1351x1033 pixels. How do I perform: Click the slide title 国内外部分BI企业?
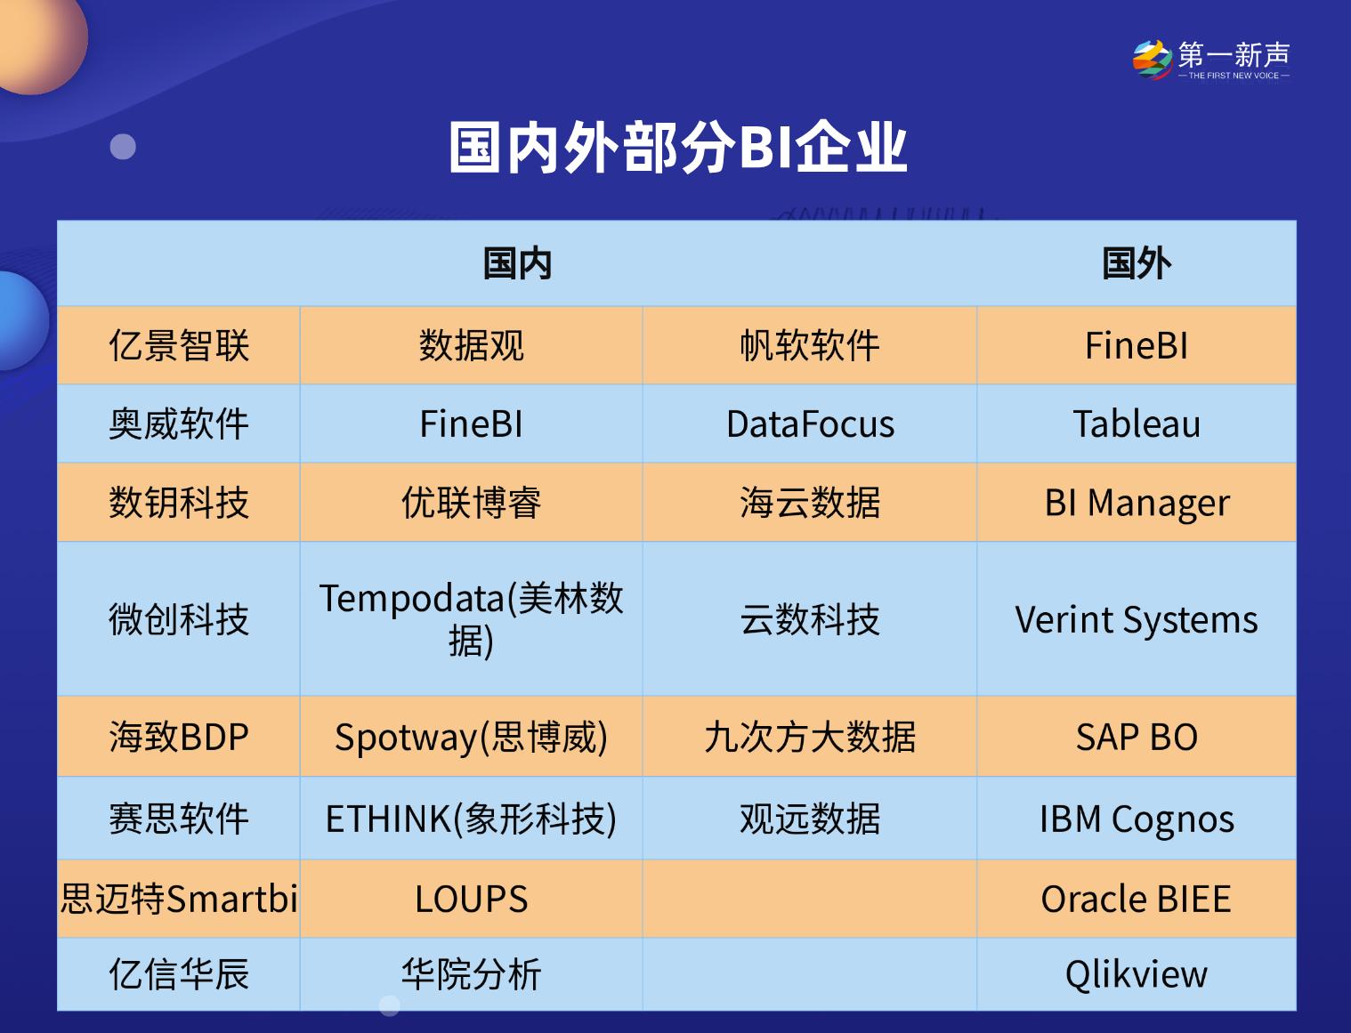click(677, 147)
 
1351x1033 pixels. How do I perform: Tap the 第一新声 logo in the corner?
click(1210, 60)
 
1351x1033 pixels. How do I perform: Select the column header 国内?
click(517, 264)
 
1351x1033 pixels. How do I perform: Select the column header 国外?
click(1136, 264)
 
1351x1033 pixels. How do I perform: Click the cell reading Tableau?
click(1136, 424)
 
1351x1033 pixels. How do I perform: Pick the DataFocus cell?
click(810, 424)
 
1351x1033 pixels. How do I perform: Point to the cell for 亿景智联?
click(179, 346)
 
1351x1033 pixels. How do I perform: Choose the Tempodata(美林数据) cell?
click(471, 619)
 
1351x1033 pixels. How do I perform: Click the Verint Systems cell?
click(1136, 619)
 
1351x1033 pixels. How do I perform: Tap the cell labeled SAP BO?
click(1136, 737)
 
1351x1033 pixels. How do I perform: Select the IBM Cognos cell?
click(1136, 819)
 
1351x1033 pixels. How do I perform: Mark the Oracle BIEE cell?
click(1136, 899)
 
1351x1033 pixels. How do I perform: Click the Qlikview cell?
click(1136, 974)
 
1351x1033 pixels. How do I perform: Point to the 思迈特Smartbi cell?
click(179, 899)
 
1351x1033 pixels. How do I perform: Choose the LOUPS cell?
click(471, 899)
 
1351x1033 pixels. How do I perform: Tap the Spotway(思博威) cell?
click(471, 737)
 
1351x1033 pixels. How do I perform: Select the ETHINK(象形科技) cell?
click(471, 819)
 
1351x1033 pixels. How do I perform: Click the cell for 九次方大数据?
click(810, 737)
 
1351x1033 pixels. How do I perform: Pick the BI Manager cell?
click(1136, 503)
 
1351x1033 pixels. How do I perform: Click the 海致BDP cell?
click(179, 737)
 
